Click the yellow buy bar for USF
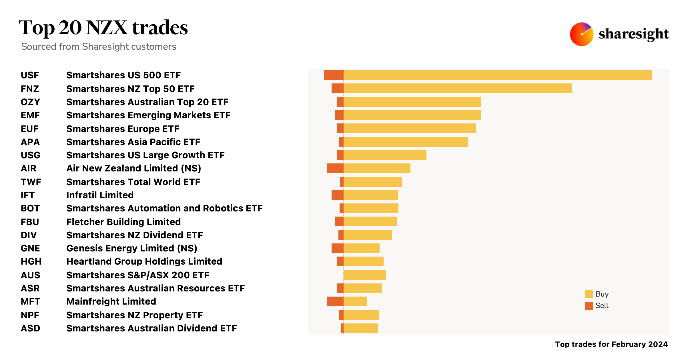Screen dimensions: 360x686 497,75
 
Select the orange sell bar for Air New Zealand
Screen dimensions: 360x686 335,168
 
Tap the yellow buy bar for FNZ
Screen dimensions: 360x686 457,88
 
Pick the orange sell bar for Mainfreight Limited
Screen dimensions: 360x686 335,301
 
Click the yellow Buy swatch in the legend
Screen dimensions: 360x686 589,294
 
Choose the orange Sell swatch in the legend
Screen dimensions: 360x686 589,306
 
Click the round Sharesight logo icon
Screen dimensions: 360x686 581,34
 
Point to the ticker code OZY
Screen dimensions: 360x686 30,102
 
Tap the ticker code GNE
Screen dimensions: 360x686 30,248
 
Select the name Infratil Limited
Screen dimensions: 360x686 100,195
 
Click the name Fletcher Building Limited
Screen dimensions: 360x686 123,222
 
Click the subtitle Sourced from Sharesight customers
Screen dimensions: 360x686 99,47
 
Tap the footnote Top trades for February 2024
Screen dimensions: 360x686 611,344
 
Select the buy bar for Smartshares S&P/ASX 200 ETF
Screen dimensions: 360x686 364,275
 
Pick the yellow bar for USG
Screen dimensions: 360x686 385,155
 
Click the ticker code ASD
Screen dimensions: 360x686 30,328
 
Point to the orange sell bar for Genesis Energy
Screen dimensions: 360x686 337,248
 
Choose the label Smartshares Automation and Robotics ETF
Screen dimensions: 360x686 164,208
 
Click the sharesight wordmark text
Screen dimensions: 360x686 633,34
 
